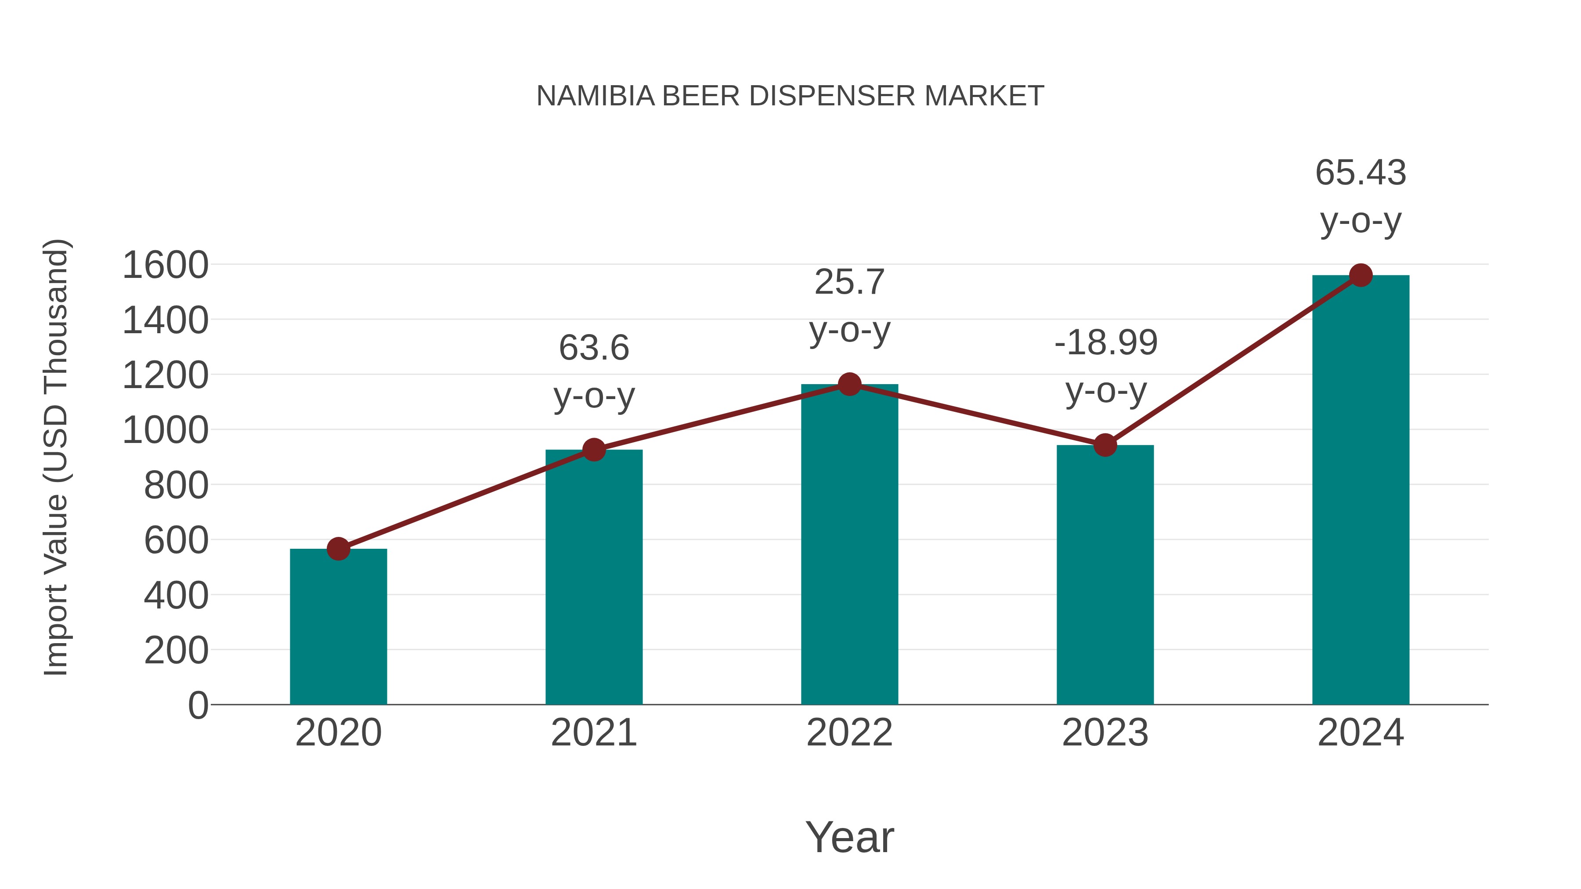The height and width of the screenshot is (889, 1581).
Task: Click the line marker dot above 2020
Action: [338, 548]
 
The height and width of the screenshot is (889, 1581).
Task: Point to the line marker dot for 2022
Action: [849, 384]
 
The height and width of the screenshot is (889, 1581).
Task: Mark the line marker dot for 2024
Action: [1361, 275]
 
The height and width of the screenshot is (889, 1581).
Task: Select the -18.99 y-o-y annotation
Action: [1105, 366]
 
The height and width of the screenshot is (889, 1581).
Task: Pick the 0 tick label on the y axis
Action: [198, 705]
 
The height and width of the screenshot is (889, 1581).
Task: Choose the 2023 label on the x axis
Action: [1105, 733]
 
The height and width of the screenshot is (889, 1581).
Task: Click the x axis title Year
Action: [849, 837]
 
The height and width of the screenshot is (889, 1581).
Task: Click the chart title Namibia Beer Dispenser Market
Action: [790, 96]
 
